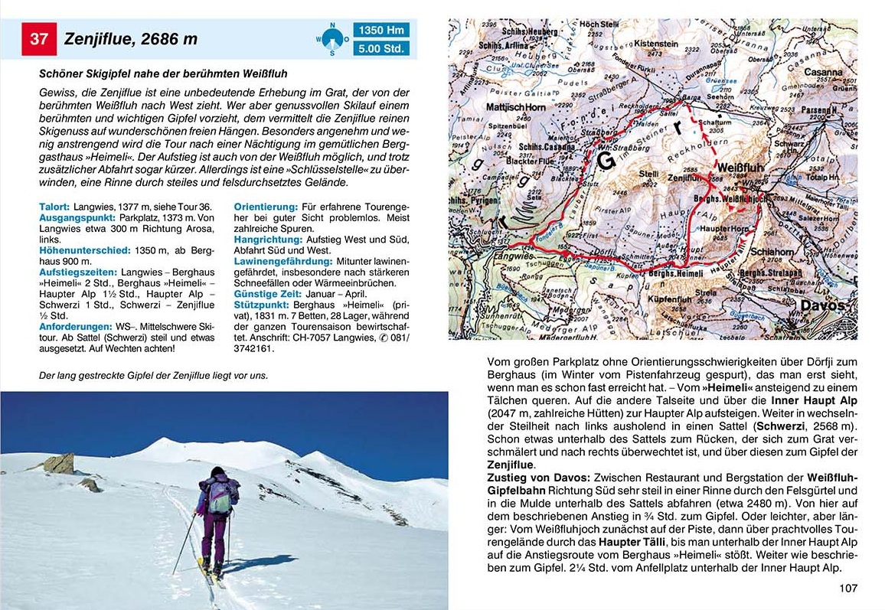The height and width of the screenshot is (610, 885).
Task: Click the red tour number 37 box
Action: tap(39, 39)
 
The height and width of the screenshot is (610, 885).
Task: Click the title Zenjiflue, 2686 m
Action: tap(131, 39)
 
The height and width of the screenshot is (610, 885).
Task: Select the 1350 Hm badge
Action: tap(380, 31)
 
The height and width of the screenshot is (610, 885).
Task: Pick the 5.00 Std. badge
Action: tap(380, 50)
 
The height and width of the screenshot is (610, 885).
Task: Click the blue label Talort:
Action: tap(54, 207)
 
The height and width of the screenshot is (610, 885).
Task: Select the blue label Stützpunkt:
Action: tap(262, 304)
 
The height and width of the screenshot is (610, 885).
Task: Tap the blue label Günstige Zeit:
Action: tap(266, 293)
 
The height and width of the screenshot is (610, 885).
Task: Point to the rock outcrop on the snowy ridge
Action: tap(58, 463)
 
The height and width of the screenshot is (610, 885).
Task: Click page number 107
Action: tap(847, 588)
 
